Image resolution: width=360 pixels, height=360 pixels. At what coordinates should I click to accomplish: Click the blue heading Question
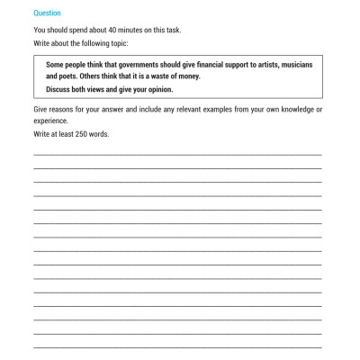(47, 13)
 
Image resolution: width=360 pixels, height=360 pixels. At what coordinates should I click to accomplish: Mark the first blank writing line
(177, 153)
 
